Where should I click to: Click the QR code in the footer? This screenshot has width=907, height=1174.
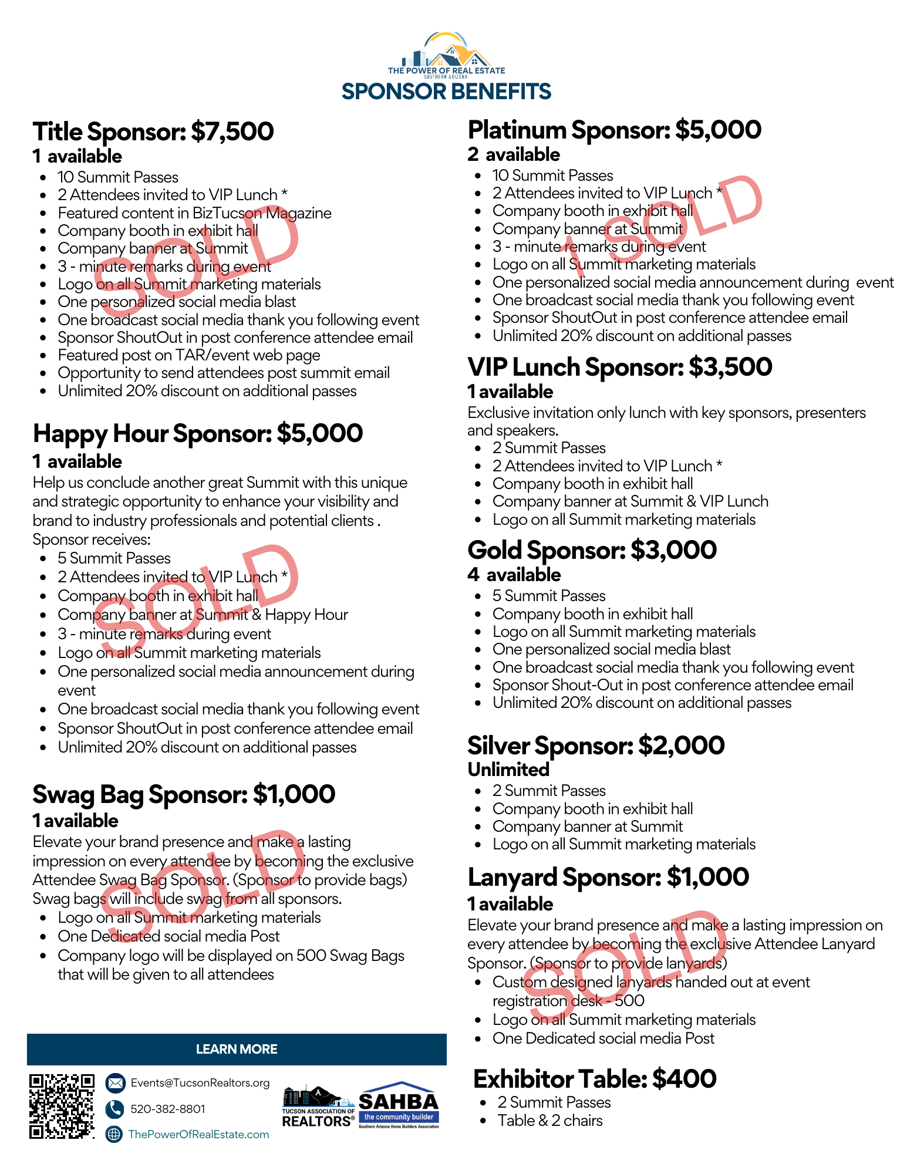pos(62,1106)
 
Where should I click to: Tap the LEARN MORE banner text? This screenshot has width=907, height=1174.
pos(237,1049)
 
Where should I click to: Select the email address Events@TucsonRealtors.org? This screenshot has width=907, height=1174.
pos(200,1082)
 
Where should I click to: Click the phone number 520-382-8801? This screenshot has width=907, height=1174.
pos(168,1109)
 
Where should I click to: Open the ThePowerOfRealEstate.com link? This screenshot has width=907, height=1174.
pos(198,1134)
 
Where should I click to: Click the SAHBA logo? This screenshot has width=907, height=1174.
pos(399,1105)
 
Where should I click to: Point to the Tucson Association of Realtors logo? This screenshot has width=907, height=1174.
pos(318,1107)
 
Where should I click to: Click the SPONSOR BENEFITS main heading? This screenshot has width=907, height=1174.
pos(446,92)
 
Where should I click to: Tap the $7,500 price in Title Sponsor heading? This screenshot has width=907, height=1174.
pos(232,131)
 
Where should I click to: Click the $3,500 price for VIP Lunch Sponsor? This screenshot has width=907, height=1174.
pos(730,367)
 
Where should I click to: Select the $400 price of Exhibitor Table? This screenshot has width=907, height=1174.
pos(684,1079)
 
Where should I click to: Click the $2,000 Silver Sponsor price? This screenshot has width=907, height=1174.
pos(681,745)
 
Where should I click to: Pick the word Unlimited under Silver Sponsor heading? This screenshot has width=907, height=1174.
pos(508,770)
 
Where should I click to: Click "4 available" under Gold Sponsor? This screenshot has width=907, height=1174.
pos(514,575)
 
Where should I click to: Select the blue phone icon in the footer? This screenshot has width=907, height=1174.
pos(114,1109)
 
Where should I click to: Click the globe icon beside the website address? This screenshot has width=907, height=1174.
pos(114,1134)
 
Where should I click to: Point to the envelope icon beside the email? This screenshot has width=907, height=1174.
pos(115,1082)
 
